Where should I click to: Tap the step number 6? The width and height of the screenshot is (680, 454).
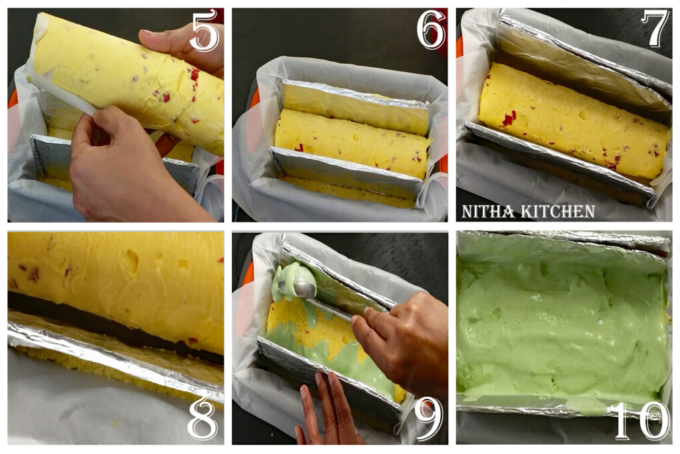[431, 31]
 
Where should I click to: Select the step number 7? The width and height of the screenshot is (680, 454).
[655, 29]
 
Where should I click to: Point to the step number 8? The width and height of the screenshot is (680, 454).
[202, 419]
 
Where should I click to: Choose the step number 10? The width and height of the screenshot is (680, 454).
[640, 420]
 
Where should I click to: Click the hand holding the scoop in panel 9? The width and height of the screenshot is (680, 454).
[398, 339]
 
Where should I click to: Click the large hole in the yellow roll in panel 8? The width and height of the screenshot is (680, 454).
[131, 261]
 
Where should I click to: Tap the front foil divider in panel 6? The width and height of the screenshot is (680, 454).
[345, 173]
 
